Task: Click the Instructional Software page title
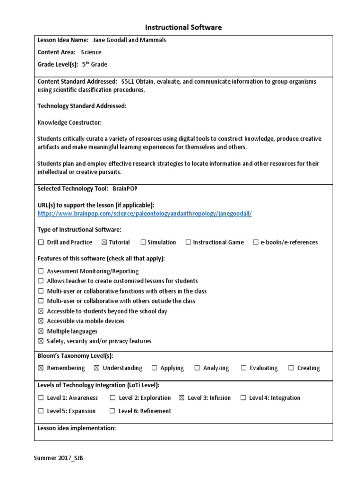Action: coord(183,27)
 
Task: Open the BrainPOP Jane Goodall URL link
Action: coord(145,214)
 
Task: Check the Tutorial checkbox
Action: coord(104,242)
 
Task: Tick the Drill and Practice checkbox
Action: coord(41,242)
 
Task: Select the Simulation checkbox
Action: coord(143,242)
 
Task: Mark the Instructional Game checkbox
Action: coord(188,242)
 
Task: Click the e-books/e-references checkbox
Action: coord(256,242)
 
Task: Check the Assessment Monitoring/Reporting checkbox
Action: coord(41,271)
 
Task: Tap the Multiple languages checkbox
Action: coord(41,331)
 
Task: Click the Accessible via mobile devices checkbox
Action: coord(41,321)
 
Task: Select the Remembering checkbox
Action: coord(41,368)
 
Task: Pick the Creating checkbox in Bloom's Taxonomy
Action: coord(291,368)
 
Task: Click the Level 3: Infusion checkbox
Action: coord(181,398)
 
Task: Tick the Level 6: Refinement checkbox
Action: coord(112,411)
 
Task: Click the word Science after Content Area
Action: coord(91,52)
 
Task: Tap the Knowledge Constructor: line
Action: coord(69,122)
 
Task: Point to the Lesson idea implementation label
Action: coord(77,428)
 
